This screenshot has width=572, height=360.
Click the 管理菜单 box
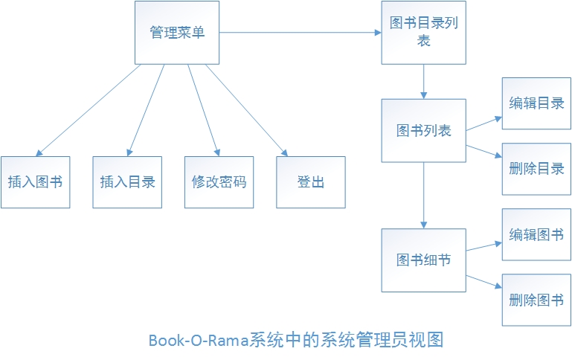click(177, 33)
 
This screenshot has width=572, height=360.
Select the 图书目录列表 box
click(423, 33)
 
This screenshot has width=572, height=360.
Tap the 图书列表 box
click(423, 131)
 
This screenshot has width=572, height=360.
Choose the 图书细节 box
click(423, 260)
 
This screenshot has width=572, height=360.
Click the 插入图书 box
click(35, 182)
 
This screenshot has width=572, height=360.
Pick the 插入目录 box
click(127, 182)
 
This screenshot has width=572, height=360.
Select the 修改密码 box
click(219, 182)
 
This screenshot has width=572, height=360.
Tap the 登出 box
click(311, 182)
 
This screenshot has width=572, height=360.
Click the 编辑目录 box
click(536, 103)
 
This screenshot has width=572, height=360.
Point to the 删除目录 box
click(536, 169)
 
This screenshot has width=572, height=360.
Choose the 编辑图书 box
click(536, 234)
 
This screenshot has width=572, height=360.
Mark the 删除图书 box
click(536, 300)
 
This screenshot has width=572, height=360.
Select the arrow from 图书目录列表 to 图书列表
click(423, 81)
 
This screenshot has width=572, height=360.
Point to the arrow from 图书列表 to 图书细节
click(423, 195)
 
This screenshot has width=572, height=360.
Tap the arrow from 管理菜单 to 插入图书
click(89, 109)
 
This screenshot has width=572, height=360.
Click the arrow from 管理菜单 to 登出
click(245, 109)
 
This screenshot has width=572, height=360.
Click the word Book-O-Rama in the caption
click(198, 341)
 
